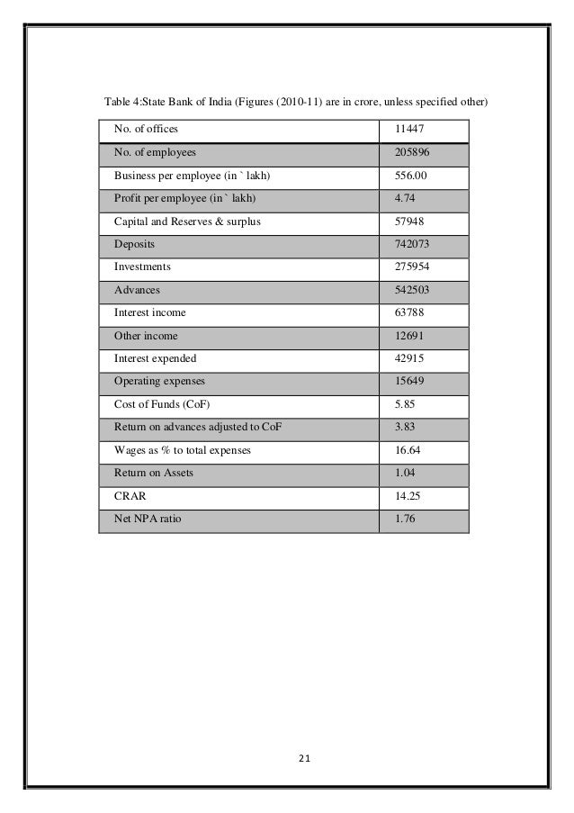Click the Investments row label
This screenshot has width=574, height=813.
143,267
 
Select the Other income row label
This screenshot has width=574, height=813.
146,336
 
